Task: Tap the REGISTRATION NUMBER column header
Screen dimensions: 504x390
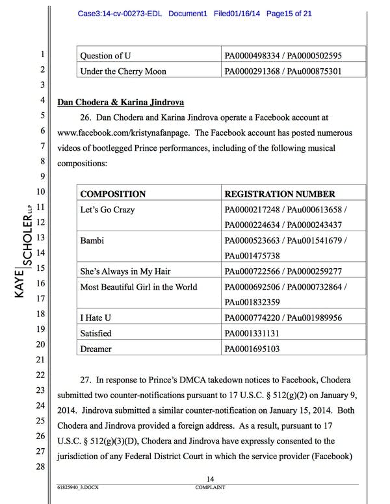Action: (279, 194)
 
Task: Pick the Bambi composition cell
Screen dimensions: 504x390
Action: (92, 241)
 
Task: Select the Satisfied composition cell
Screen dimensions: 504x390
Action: (96, 333)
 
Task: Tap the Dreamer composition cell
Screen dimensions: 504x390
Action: (96, 349)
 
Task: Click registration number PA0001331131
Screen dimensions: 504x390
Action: (255, 333)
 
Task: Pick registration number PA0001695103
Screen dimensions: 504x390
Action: (255, 349)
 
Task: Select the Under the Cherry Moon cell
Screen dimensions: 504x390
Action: (123, 71)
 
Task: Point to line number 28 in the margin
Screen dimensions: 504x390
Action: (39, 466)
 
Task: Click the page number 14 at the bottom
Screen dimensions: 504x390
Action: (210, 479)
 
